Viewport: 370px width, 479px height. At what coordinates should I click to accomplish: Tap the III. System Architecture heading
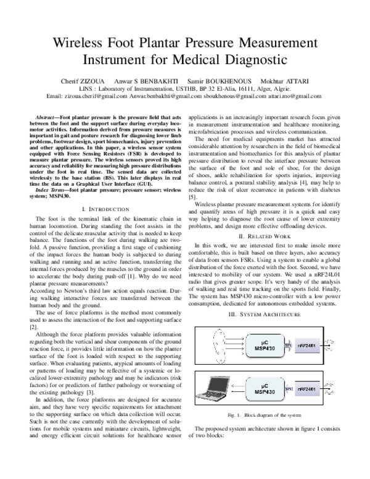pos(262,314)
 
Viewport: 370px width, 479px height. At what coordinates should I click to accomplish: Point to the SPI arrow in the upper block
pos(289,346)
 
